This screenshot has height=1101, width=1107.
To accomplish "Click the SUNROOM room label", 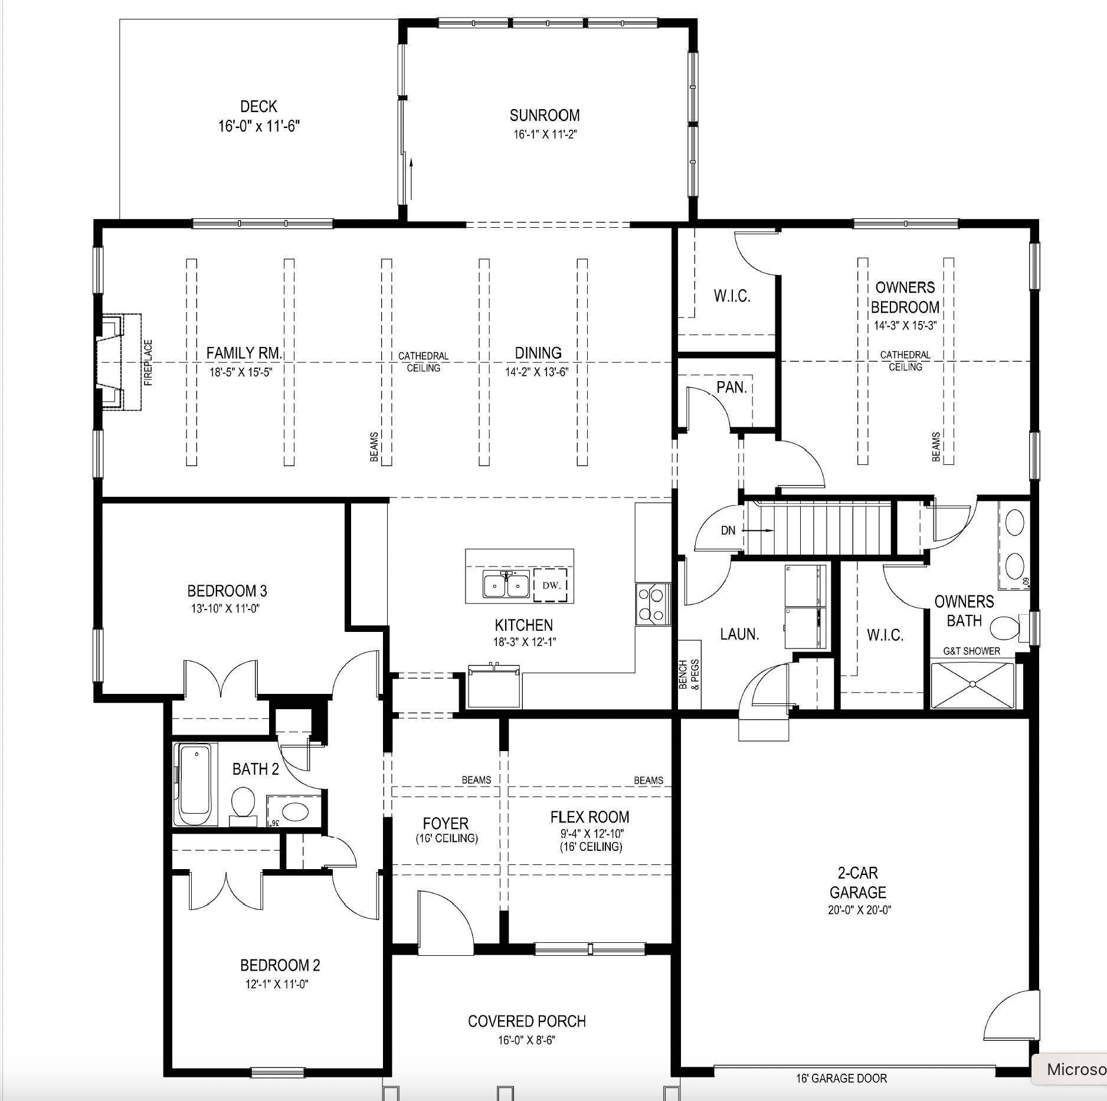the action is (x=545, y=115).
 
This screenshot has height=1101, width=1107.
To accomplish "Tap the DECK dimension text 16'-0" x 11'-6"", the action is (x=259, y=126).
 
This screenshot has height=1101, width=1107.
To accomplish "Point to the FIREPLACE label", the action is (x=148, y=362).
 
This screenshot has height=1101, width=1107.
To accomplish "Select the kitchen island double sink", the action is (x=505, y=585).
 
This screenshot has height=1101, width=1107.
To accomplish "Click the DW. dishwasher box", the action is (x=550, y=585).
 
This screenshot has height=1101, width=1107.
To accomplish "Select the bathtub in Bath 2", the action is (x=195, y=784).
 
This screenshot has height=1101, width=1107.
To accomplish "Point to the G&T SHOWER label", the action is (x=971, y=651).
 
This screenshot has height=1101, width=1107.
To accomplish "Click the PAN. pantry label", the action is (x=732, y=388).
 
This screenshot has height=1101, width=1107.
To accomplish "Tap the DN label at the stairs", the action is (x=728, y=530).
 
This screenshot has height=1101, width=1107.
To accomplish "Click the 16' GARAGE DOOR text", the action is (x=841, y=1079).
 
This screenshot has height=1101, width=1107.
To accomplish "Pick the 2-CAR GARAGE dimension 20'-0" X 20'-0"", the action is (x=859, y=910).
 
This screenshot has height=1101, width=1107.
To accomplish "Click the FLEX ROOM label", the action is (x=589, y=817).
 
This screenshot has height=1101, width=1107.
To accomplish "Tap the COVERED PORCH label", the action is (x=527, y=1021).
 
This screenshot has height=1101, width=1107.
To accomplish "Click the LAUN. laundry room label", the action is (x=739, y=634).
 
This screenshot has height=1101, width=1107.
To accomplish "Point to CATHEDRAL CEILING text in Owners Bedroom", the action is (x=905, y=361).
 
